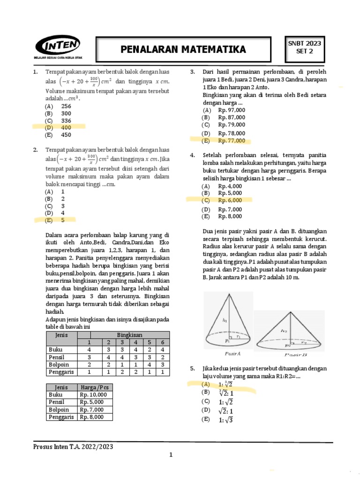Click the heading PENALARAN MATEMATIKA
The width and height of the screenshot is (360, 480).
pyautogui.click(x=183, y=50)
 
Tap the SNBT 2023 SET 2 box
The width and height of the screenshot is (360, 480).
pyautogui.click(x=304, y=47)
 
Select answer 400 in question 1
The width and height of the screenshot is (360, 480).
pyautogui.click(x=66, y=127)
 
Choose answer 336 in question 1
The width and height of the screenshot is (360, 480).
pyautogui.click(x=66, y=120)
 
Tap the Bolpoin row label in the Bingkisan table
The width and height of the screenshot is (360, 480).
pyautogui.click(x=59, y=364)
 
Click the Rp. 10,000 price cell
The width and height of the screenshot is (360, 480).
pyautogui.click(x=93, y=395)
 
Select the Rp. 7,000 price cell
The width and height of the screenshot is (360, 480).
pyautogui.click(x=93, y=410)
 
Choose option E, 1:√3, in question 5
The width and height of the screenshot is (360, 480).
pyautogui.click(x=225, y=420)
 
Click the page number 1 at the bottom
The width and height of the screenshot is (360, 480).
pyautogui.click(x=171, y=455)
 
